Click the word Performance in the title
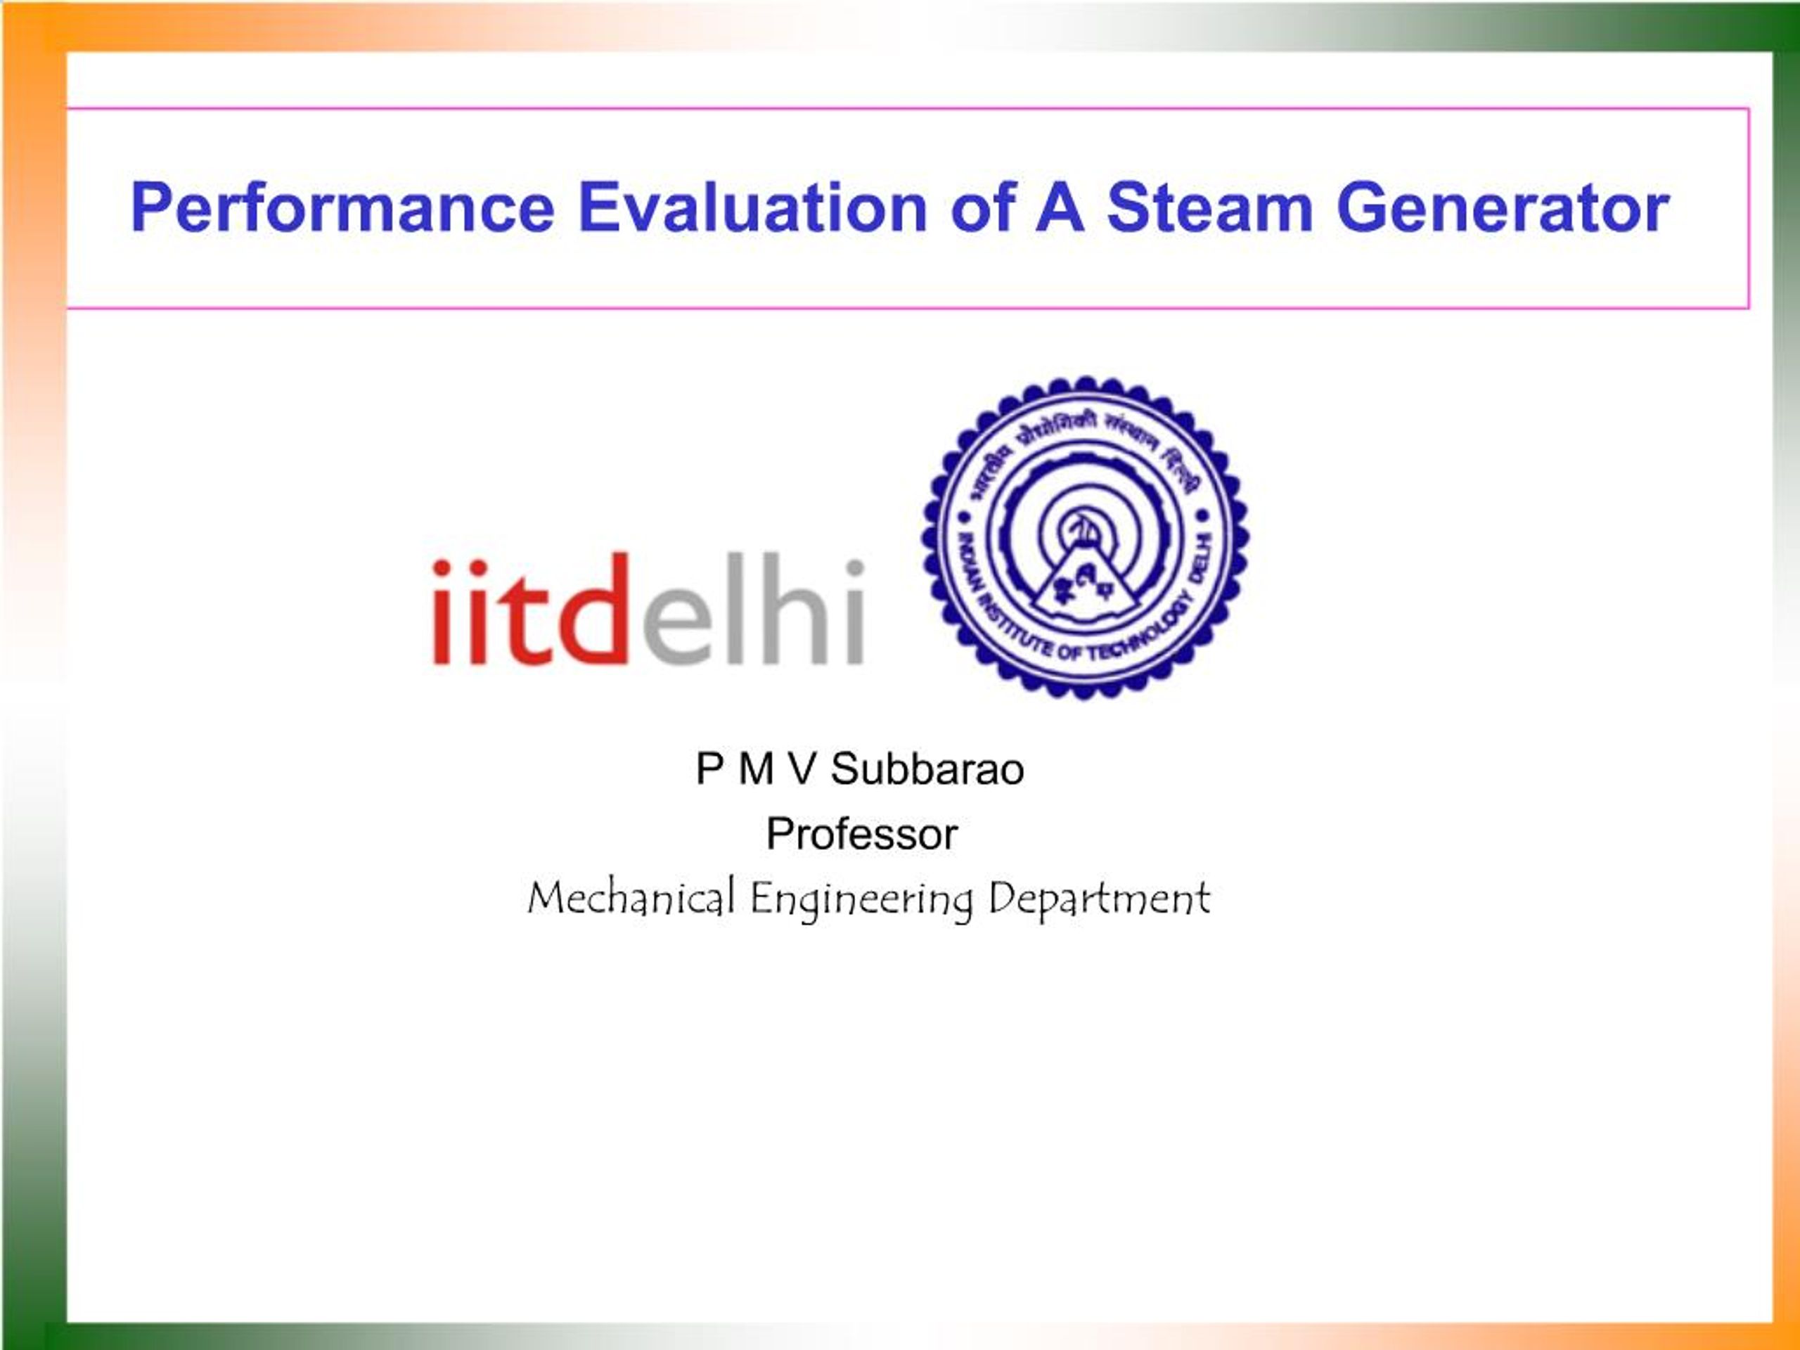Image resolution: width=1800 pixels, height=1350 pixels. click(342, 208)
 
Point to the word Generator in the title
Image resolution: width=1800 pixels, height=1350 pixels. click(1502, 208)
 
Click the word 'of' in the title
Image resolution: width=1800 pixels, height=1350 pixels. click(982, 208)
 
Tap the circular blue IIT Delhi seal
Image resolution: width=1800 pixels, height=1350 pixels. click(1085, 537)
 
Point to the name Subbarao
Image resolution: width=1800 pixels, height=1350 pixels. click(927, 769)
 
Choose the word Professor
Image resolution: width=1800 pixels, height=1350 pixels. click(862, 834)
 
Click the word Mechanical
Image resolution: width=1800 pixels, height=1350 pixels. click(631, 899)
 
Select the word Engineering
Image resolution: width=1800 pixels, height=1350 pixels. click(861, 900)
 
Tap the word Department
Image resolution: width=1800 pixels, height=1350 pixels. click(1098, 899)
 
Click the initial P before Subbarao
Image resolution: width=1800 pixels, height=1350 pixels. click(709, 769)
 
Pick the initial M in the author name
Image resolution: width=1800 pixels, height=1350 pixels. click(756, 769)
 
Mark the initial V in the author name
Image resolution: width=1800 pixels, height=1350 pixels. click(802, 769)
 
